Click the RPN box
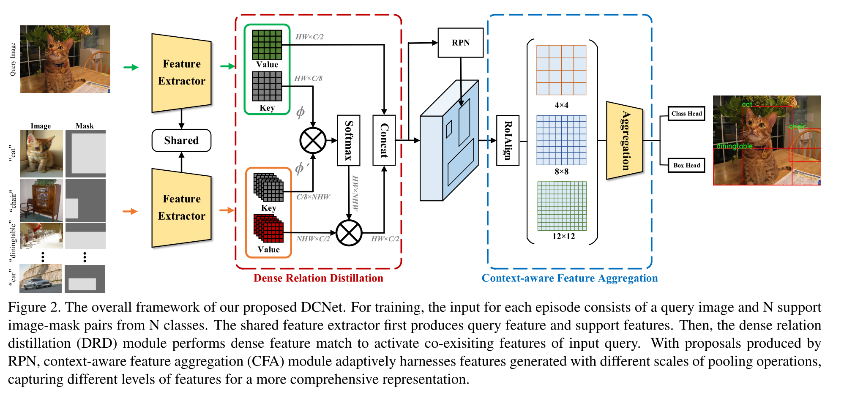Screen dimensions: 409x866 tap(460, 43)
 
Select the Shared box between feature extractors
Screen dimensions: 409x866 tap(181, 140)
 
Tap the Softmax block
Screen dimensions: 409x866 tap(349, 140)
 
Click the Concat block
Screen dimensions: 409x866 tap(384, 140)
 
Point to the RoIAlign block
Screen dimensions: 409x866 tap(508, 140)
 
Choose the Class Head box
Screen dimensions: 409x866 tap(686, 114)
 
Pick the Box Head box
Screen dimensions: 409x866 tap(686, 165)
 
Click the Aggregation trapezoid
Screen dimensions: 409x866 tap(625, 140)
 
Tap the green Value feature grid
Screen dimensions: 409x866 tap(267, 45)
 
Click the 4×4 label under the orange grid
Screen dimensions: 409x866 tap(561, 105)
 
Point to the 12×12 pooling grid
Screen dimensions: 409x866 tap(562, 206)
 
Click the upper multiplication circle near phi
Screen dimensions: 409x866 tap(313, 141)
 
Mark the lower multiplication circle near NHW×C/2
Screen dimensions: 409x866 tap(349, 233)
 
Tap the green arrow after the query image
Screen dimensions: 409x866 tap(131, 67)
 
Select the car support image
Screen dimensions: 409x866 tap(41, 278)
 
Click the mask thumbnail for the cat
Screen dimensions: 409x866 tap(85, 154)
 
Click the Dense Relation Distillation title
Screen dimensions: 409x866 tap(318, 278)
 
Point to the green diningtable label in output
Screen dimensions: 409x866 tap(735, 146)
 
